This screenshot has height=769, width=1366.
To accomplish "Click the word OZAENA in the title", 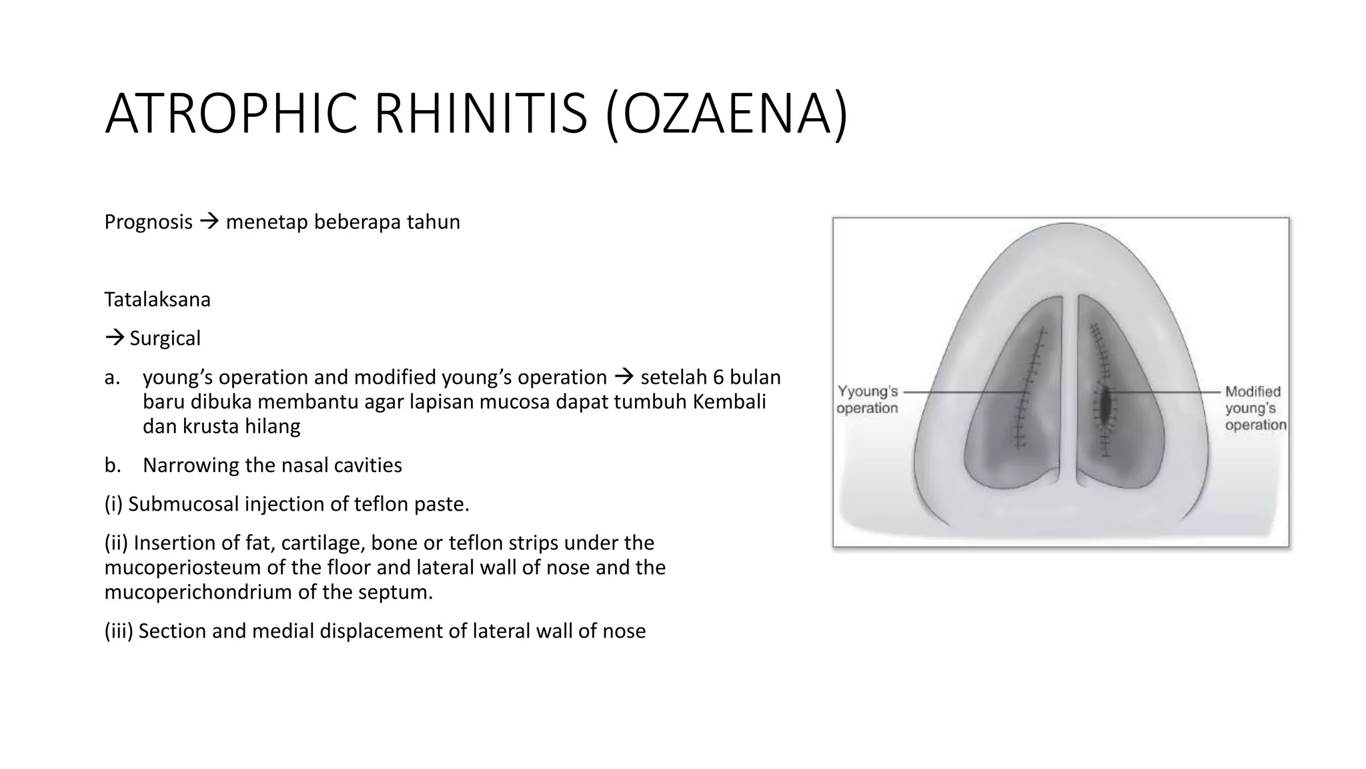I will pyautogui.click(x=728, y=114).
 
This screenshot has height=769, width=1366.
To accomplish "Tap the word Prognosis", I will pyautogui.click(x=148, y=222).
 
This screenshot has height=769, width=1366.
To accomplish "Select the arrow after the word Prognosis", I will pyautogui.click(x=209, y=222).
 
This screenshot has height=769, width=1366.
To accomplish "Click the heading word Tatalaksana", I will pyautogui.click(x=157, y=299).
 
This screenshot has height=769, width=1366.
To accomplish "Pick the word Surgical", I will pyautogui.click(x=165, y=338).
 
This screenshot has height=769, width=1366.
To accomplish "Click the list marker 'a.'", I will pyautogui.click(x=112, y=377).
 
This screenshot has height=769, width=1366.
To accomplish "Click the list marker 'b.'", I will pyautogui.click(x=112, y=465).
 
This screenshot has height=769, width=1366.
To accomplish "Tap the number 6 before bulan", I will pyautogui.click(x=718, y=377).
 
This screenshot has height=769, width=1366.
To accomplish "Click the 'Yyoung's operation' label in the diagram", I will pyautogui.click(x=867, y=399).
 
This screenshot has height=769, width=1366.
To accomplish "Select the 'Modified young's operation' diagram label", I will pyautogui.click(x=1254, y=408).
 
